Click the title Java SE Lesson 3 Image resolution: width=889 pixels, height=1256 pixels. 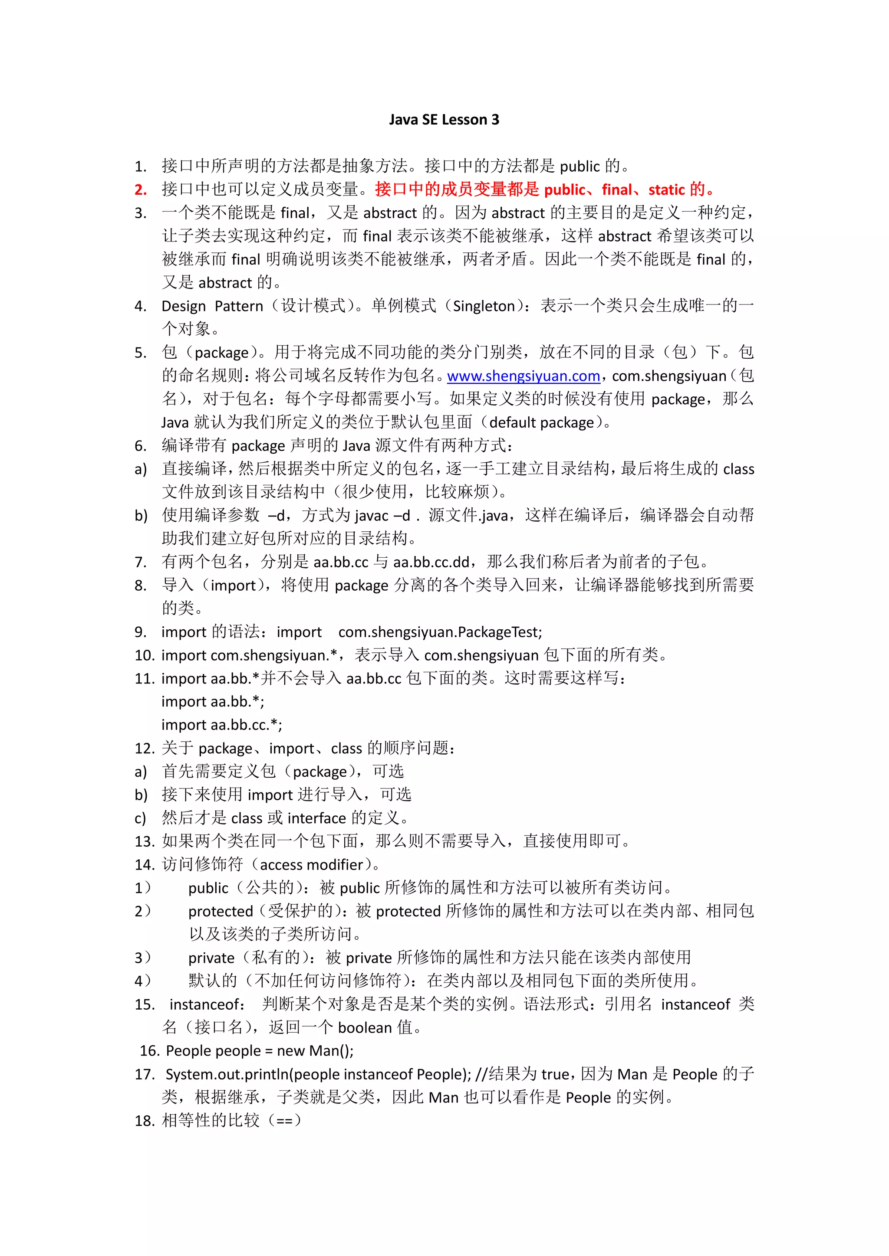coord(444,120)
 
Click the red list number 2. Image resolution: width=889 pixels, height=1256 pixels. coord(141,190)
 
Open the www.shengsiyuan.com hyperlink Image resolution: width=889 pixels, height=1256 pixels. coord(524,376)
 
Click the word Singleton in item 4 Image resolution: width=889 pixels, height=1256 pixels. coord(484,306)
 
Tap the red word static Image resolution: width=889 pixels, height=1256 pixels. coord(667,190)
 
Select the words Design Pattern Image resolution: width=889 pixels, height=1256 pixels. coord(212,306)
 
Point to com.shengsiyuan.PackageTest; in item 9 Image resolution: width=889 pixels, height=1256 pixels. coord(440,632)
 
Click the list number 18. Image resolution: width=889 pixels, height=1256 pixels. coord(145,1121)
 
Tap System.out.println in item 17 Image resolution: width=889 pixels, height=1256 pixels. coord(227,1074)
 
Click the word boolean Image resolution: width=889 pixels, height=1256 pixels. coord(365,1028)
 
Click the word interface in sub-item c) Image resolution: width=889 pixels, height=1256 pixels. coord(316,818)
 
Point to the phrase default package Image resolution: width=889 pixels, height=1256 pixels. coord(541,423)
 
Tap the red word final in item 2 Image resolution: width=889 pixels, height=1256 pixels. coord(617,190)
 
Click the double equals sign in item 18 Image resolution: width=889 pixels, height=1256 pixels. coord(285,1121)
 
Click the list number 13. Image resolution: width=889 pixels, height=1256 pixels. coord(145,841)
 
